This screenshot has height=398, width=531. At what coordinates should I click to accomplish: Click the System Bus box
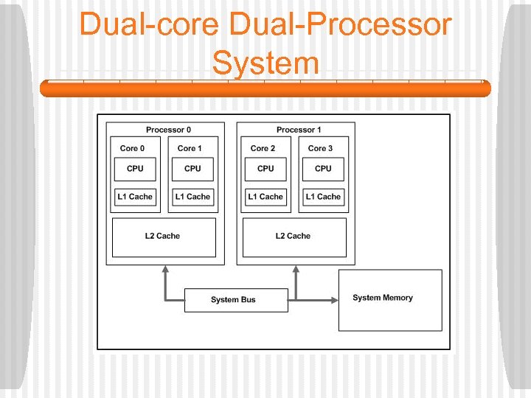tap(232, 300)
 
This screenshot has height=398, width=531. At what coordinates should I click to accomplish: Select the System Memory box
tap(390, 299)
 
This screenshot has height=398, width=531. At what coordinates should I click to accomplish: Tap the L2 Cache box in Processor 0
tap(163, 237)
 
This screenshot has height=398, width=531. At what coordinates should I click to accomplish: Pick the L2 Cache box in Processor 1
tap(294, 237)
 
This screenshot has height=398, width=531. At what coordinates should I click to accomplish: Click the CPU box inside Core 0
tap(135, 169)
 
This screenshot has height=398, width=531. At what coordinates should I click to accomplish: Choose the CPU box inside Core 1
tap(192, 169)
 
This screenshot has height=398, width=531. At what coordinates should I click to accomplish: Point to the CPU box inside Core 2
tap(265, 169)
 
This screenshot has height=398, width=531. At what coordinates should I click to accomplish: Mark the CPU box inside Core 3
tap(323, 169)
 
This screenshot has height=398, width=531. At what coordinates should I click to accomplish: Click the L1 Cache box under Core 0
tap(135, 197)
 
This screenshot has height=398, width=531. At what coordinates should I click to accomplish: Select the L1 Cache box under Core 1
tap(192, 197)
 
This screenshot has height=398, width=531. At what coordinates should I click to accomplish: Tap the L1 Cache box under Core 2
tap(265, 197)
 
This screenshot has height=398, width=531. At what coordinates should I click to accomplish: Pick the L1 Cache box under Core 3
tap(323, 197)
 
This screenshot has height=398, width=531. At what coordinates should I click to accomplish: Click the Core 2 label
tap(263, 148)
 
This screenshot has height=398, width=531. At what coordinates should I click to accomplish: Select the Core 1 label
tap(190, 148)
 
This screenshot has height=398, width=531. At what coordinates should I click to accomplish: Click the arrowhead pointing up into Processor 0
tap(165, 270)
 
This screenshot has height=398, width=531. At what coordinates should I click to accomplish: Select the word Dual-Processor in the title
tap(341, 24)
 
